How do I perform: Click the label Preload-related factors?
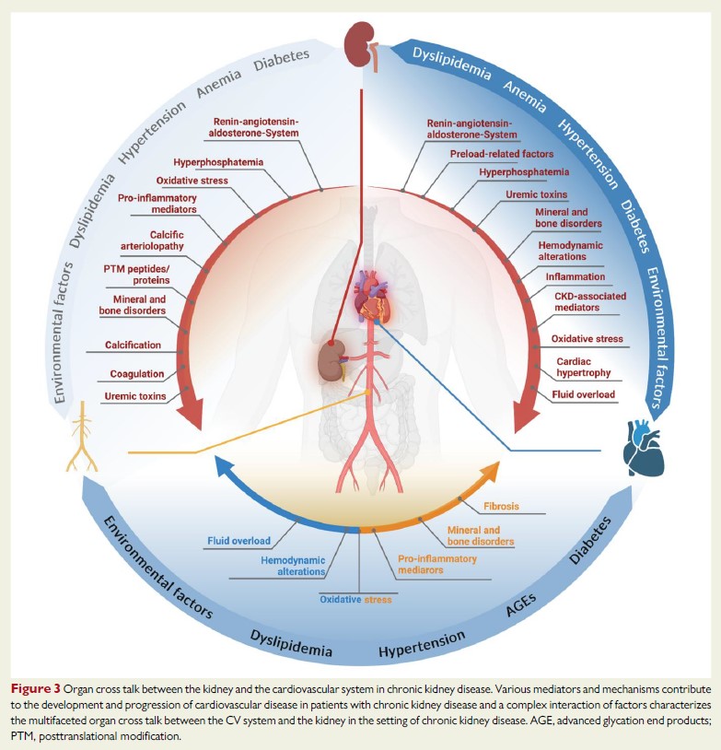click(501, 152)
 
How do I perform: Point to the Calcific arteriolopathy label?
click(153, 240)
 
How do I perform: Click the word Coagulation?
click(137, 374)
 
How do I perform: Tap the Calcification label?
click(135, 345)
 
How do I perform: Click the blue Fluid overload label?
click(239, 541)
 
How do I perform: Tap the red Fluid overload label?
click(584, 394)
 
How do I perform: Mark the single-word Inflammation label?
click(575, 276)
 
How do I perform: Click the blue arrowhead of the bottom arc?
click(222, 469)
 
